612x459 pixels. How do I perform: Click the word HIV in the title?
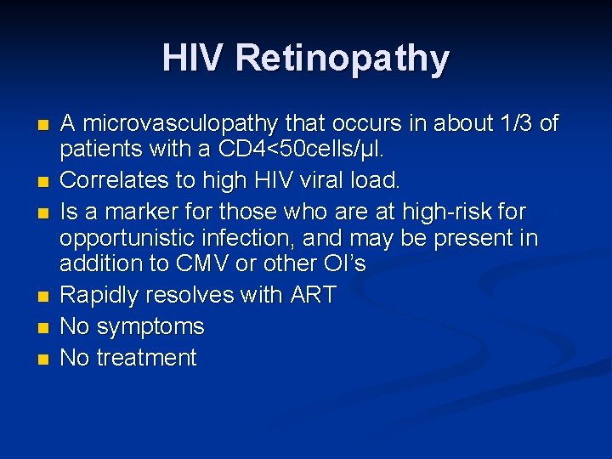coord(194,58)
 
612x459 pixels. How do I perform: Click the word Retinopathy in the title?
coord(343,59)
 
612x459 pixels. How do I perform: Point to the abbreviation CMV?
coord(202,263)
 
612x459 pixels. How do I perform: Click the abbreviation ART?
coord(313,296)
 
